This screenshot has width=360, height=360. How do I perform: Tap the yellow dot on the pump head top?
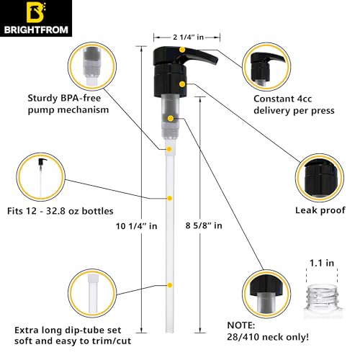coord(183,49)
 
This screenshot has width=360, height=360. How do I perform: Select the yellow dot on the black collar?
coord(182,84)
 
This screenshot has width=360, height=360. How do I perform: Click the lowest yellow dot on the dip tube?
coord(169,285)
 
